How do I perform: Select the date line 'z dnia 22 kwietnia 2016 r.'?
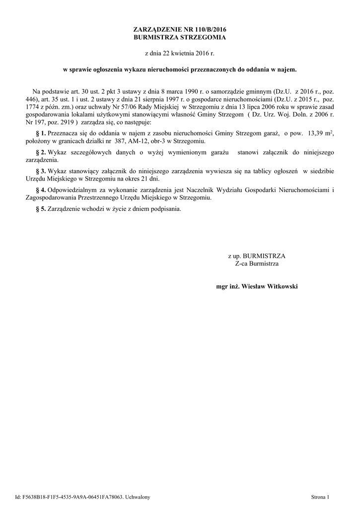coord(180,53)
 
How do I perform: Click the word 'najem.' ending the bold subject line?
coord(287,70)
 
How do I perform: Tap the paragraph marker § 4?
coord(41,190)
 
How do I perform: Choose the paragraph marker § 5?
coord(41,209)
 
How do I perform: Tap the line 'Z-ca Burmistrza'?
coord(257,263)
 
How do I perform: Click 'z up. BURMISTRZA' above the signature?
coord(257,256)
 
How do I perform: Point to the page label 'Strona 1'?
coord(320,497)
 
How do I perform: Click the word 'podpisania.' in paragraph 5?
coord(166,209)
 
